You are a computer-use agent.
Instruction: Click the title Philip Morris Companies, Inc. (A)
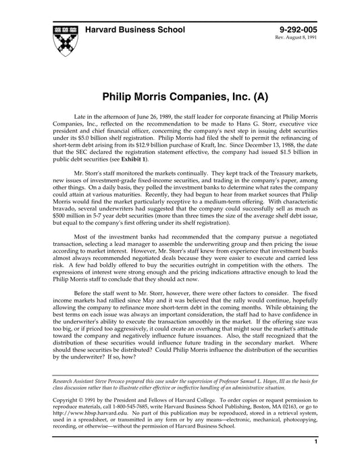(x=180, y=96)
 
